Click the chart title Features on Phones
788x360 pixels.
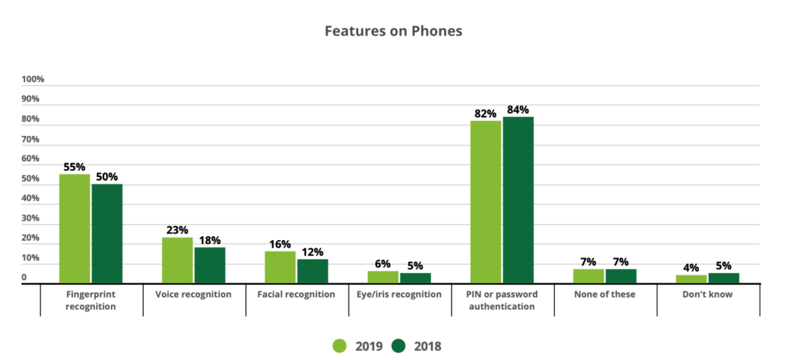[x=393, y=32]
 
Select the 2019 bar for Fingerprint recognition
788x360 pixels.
[x=75, y=228]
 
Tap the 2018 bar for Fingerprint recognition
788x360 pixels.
[x=107, y=233]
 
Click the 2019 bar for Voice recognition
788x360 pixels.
[x=177, y=260]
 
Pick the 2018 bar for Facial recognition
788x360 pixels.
[x=312, y=271]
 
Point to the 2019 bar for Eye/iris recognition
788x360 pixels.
[x=383, y=277]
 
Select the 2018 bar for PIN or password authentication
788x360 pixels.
[x=518, y=200]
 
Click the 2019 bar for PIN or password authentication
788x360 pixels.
[x=486, y=202]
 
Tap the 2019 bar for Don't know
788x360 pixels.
[x=691, y=278]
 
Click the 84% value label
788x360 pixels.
[x=517, y=109]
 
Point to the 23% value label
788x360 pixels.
[x=177, y=229]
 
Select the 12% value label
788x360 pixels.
[x=312, y=252]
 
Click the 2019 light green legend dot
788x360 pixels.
[x=339, y=346]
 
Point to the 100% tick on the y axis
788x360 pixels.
[x=33, y=79]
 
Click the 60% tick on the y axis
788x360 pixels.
[x=30, y=159]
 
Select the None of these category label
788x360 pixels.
[x=605, y=295]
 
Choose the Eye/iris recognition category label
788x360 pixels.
[x=400, y=295]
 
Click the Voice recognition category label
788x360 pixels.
[x=193, y=295]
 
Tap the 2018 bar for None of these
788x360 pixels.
[x=621, y=276]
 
